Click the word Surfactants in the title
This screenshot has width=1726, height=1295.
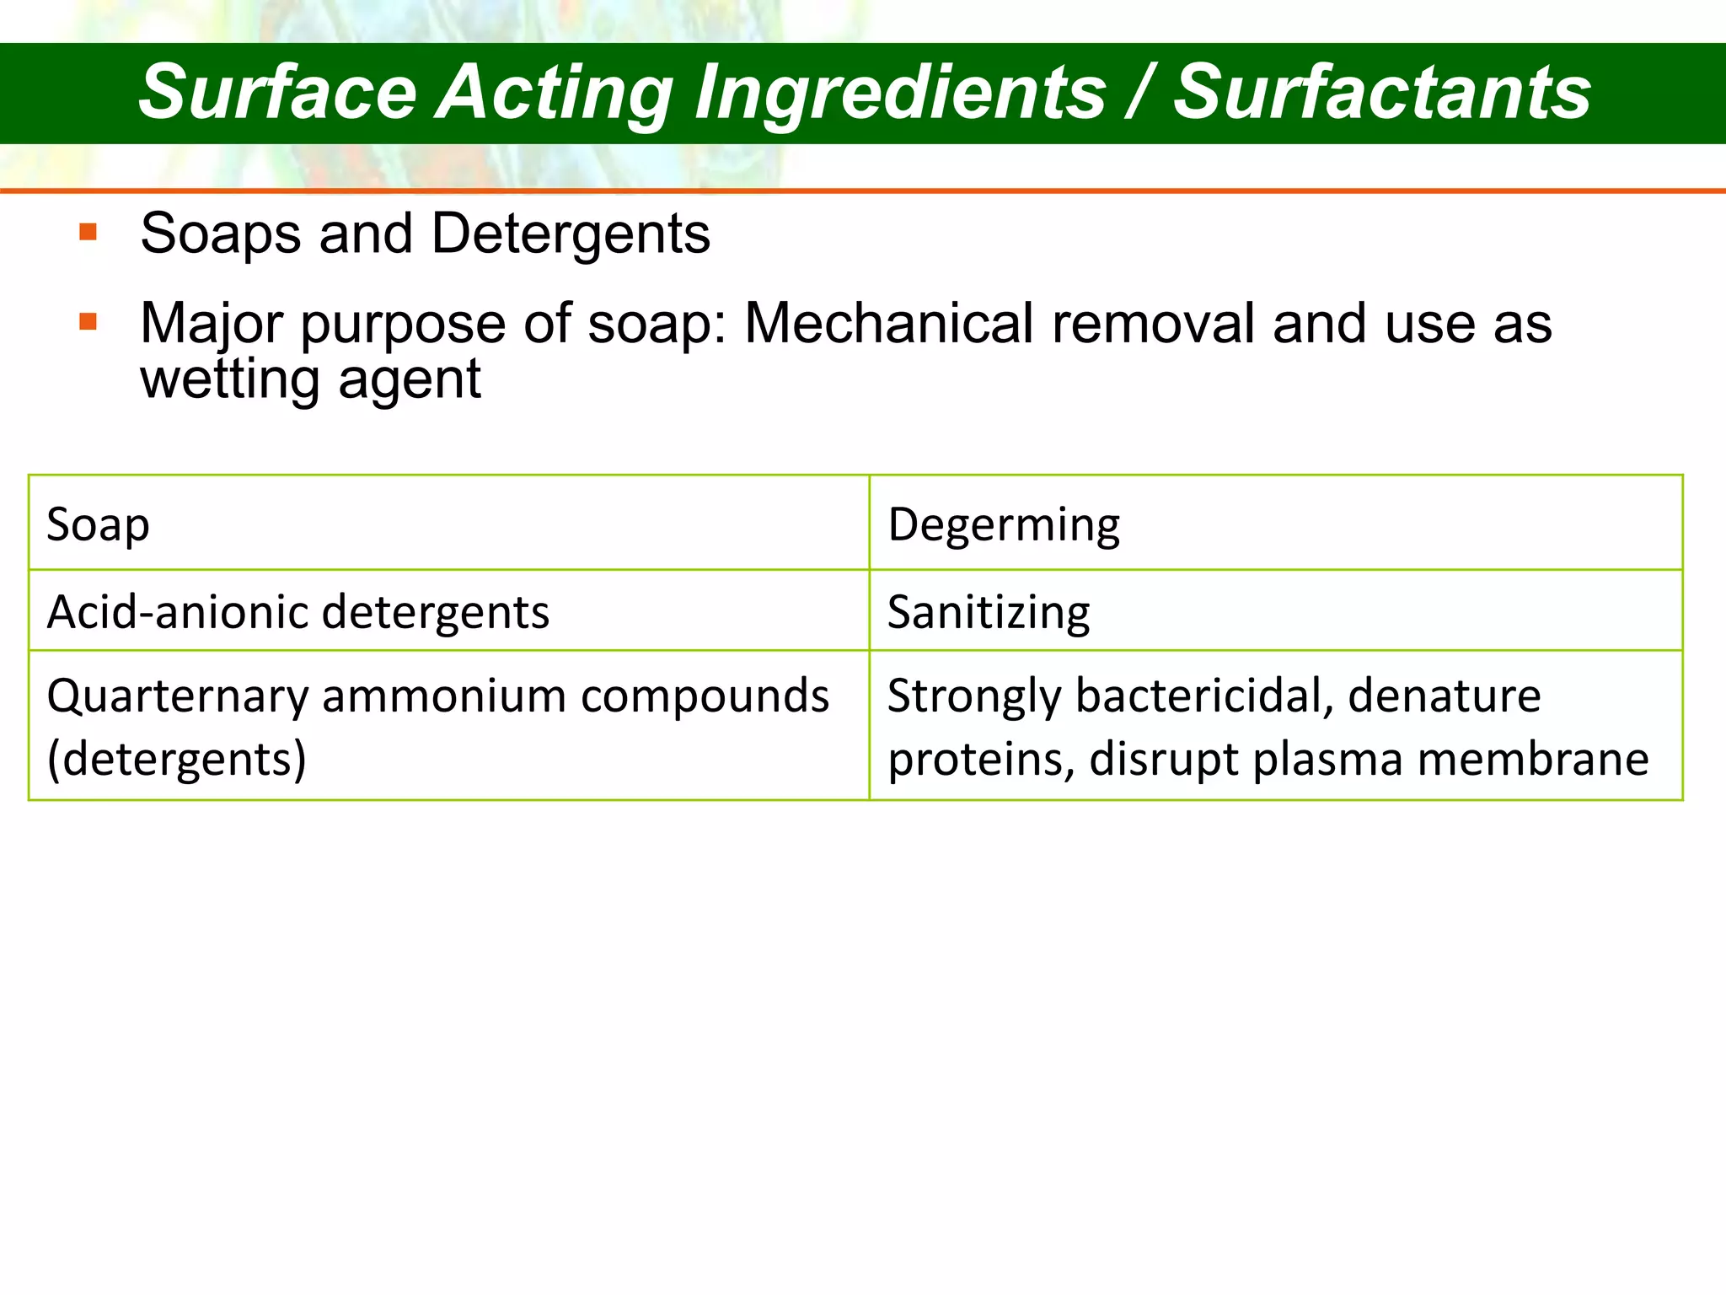click(x=1382, y=93)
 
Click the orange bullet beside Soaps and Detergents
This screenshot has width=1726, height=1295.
click(x=88, y=232)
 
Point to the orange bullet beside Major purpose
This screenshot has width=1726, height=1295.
click(x=88, y=322)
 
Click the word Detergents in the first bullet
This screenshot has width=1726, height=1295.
click(x=571, y=234)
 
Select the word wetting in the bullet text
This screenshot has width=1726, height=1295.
click(x=228, y=379)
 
